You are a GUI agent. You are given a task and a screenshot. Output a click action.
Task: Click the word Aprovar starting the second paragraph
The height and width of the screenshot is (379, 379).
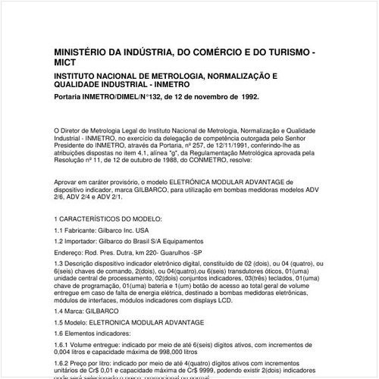[x=68, y=183]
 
